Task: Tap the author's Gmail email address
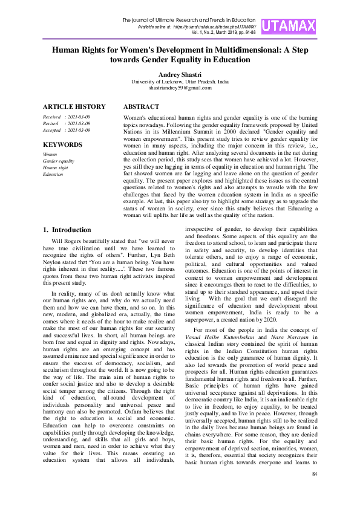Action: [x=180, y=88]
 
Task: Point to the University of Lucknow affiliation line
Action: [x=180, y=81]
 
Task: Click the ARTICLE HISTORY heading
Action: [x=74, y=106]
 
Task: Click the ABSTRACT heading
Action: [x=141, y=106]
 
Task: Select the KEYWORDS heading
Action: [x=62, y=145]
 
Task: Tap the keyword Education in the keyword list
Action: [x=53, y=174]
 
